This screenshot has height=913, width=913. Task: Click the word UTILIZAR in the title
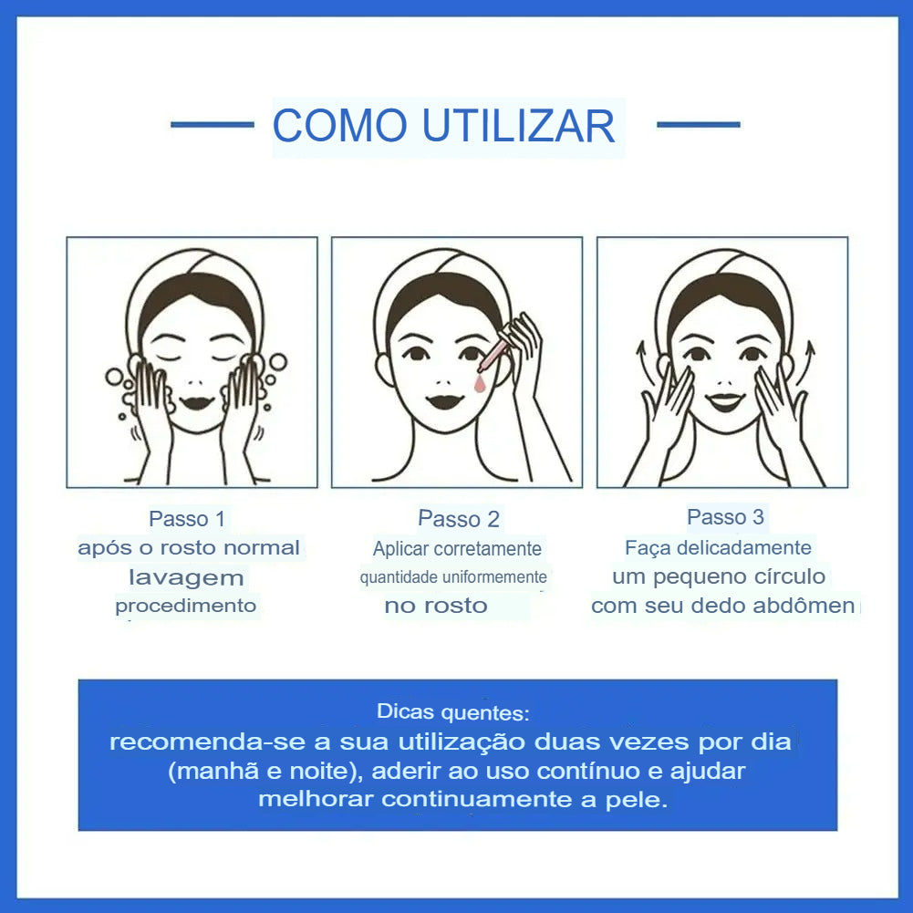point(519,126)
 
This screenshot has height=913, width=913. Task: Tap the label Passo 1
point(187,519)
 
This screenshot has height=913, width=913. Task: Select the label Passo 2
point(459,519)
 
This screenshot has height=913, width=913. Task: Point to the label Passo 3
point(725,517)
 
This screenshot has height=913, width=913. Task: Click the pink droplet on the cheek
point(477,383)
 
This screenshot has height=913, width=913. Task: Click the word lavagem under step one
point(186,577)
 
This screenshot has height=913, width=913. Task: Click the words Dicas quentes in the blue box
point(452,711)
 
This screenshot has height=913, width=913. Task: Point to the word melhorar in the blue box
point(316,800)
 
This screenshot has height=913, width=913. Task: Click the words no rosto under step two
point(436,606)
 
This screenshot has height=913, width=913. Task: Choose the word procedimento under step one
point(186,606)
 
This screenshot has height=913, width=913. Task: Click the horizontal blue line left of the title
point(212,124)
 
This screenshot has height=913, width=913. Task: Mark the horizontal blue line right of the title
point(698,124)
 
